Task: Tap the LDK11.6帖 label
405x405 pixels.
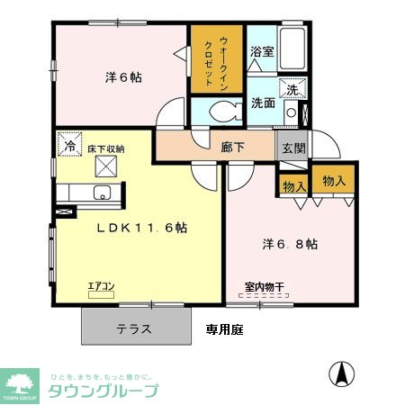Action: coord(142,228)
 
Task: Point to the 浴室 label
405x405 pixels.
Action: coord(262,52)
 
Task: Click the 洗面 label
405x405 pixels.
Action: coord(263,102)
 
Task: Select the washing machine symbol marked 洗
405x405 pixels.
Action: coord(292,89)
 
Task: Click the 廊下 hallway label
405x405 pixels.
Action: coord(233,147)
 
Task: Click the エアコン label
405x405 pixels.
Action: coord(100,287)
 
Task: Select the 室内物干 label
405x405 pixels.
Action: coord(265,288)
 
